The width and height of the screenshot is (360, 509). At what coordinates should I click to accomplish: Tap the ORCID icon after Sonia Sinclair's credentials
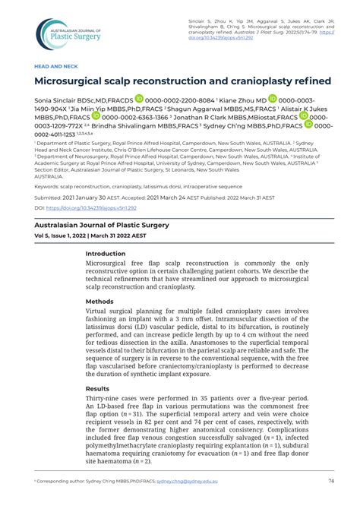(x=139, y=99)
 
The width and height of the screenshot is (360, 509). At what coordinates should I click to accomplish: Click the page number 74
(x=331, y=481)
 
